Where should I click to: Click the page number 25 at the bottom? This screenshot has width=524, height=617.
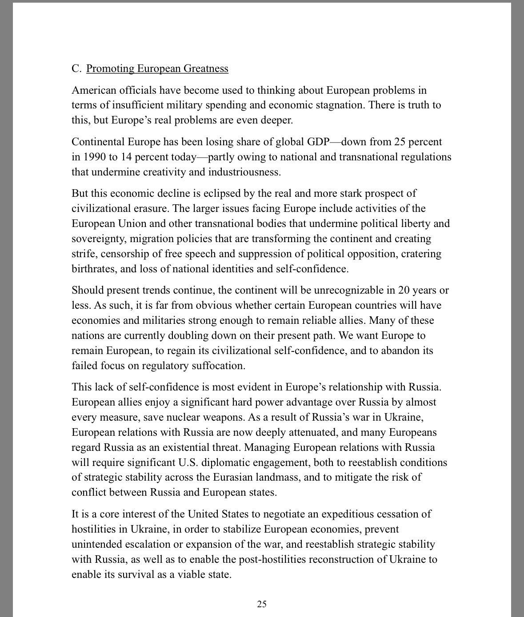[262, 604]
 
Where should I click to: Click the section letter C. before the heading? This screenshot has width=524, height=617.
[76, 68]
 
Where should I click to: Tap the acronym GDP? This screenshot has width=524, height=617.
[318, 142]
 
